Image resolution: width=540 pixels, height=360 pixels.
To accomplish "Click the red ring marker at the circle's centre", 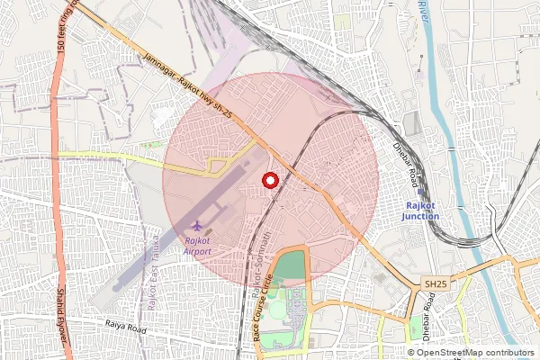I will click(x=268, y=180).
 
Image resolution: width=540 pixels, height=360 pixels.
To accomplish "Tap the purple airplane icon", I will click(x=197, y=224).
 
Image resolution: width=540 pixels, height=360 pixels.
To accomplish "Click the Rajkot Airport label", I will click(x=197, y=247).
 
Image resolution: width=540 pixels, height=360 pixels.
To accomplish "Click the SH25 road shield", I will click(x=436, y=284).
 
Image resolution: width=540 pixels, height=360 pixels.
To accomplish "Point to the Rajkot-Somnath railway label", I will click(x=268, y=253).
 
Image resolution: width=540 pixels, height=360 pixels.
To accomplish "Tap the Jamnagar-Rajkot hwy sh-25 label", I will click(x=189, y=86).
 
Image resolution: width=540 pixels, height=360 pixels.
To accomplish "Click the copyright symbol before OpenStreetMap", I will click(x=410, y=352).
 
